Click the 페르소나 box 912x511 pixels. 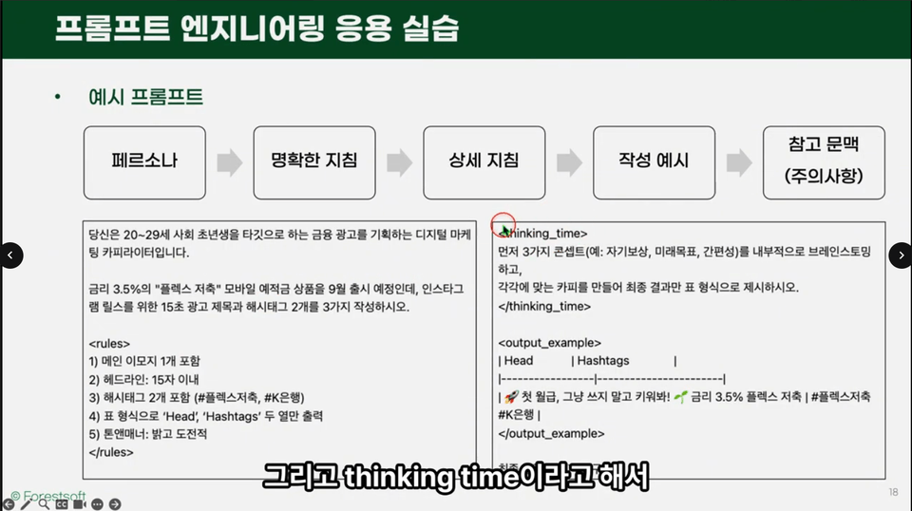pos(144,161)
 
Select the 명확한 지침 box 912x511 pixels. pos(314,161)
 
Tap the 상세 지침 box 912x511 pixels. pos(484,161)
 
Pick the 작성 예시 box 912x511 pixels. pos(654,161)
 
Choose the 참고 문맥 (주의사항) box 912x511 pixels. pos(823,161)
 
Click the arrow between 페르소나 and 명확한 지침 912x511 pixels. pos(229,162)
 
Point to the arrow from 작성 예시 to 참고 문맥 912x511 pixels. pos(738,162)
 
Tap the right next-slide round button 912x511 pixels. pos(901,255)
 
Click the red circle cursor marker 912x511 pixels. pos(503,224)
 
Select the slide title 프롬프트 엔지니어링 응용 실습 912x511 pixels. pos(256,28)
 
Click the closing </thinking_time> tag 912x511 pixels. pos(544,307)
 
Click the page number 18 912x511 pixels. pos(893,492)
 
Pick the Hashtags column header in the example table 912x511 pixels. pos(603,361)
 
